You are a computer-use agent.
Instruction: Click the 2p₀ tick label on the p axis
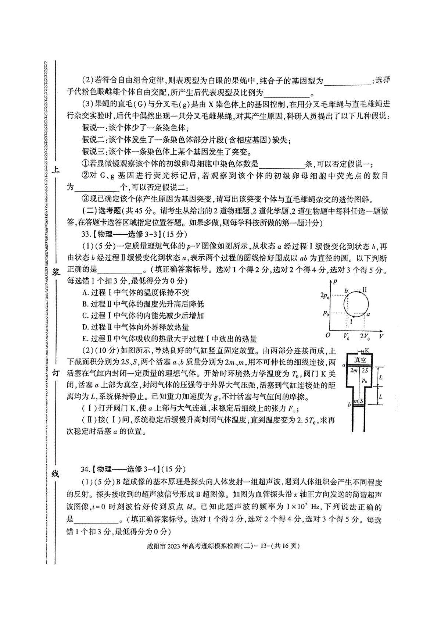(325, 295)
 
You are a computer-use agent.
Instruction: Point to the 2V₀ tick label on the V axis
(365, 336)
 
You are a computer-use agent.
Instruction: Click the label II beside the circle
(364, 290)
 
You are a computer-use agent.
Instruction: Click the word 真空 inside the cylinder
(360, 360)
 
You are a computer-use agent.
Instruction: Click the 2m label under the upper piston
(354, 370)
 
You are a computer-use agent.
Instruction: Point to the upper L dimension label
(381, 377)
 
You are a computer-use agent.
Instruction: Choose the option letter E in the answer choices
(86, 339)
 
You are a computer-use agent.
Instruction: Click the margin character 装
(56, 272)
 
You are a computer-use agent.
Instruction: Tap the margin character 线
(56, 474)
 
